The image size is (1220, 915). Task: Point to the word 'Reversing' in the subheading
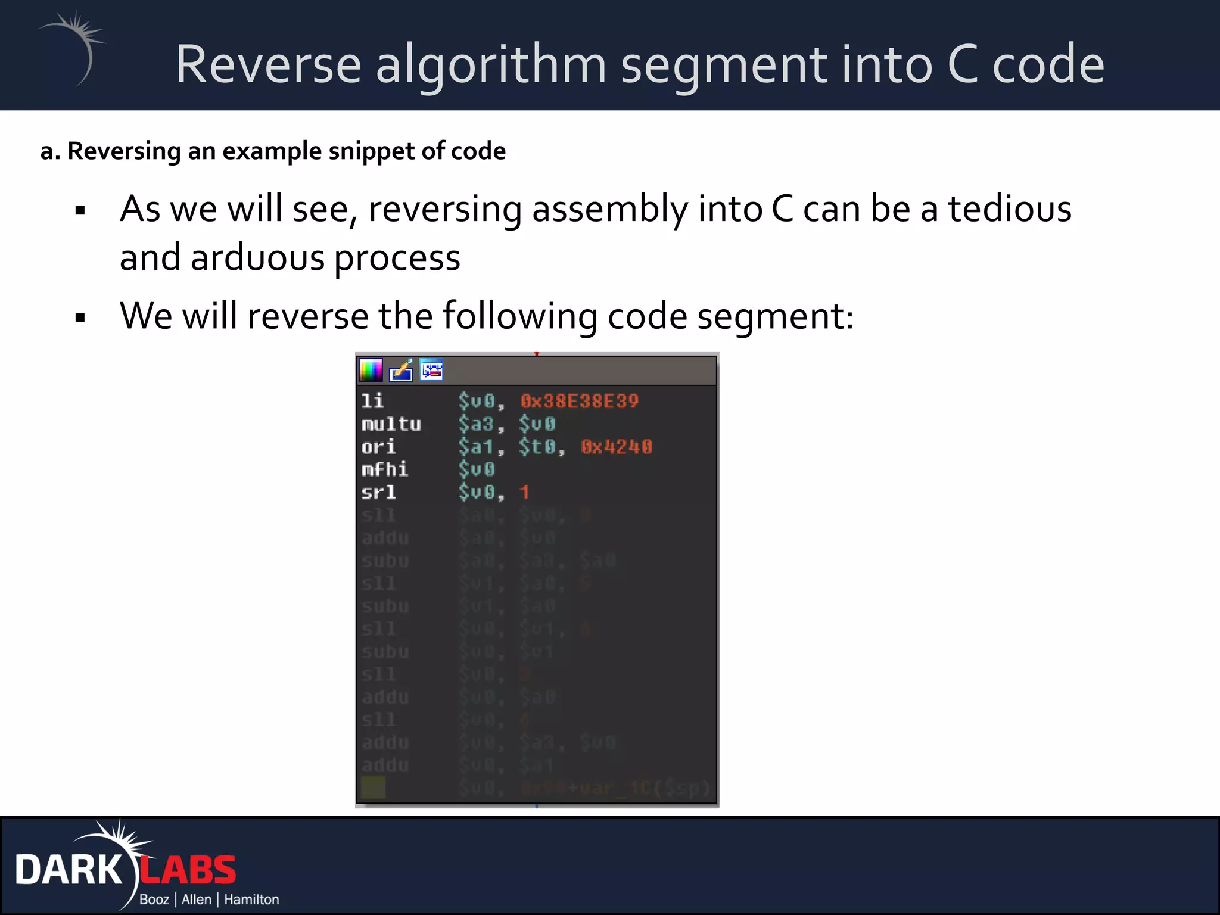(124, 151)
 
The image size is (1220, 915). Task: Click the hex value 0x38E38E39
(579, 402)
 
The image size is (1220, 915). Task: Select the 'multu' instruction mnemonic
(391, 424)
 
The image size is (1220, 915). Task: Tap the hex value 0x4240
(617, 447)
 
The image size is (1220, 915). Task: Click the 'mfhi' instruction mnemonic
(384, 469)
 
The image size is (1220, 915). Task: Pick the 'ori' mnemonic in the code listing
(378, 447)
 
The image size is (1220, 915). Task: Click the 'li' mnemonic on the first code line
(372, 402)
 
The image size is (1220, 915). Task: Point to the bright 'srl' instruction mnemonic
(378, 493)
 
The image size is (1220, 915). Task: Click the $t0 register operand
(539, 447)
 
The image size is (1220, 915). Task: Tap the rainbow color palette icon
(371, 371)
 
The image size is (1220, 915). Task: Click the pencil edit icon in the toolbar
(401, 371)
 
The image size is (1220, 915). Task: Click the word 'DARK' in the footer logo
(69, 870)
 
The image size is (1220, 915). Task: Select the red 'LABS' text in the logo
(188, 870)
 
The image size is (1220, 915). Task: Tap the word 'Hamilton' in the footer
(251, 900)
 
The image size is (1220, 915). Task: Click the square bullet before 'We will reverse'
(80, 318)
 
